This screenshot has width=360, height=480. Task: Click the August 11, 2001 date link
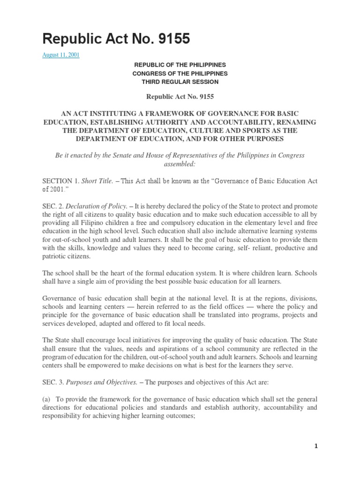(x=61, y=55)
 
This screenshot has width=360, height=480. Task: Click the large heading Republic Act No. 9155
(x=116, y=39)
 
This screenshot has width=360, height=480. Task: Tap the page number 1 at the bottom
(x=316, y=447)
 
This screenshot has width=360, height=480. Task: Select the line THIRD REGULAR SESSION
(x=180, y=82)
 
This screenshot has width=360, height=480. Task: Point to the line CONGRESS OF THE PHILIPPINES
(x=180, y=74)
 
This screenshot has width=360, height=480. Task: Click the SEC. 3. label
(x=52, y=382)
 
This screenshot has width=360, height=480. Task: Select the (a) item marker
(x=46, y=398)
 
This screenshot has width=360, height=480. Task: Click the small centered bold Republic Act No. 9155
(x=180, y=97)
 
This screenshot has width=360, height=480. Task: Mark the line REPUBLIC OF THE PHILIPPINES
(x=180, y=65)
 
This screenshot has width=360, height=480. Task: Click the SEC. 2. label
(x=52, y=206)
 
